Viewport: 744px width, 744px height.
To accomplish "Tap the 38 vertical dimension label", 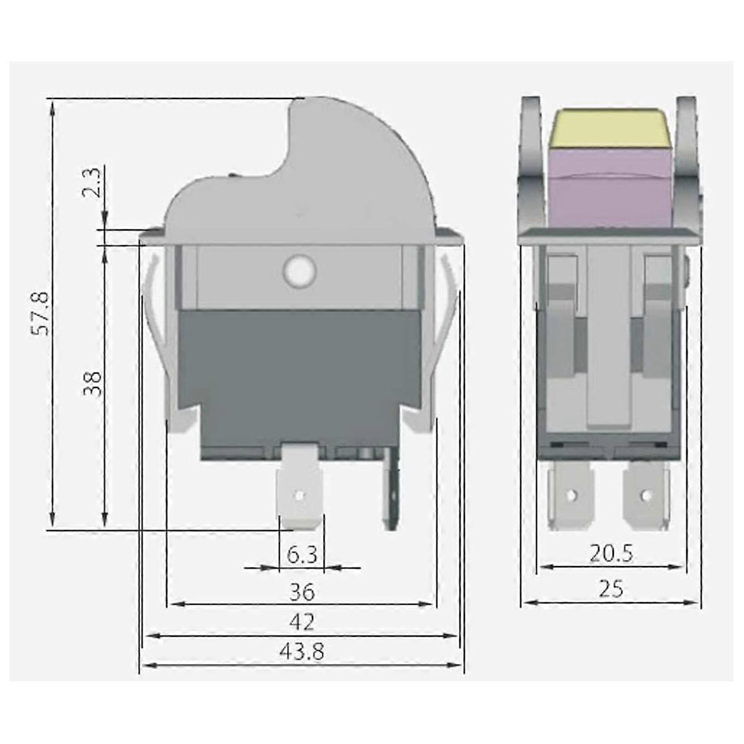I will coord(92,384).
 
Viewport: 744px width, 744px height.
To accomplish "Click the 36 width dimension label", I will coord(302,593).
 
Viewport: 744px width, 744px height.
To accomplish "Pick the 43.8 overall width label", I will coord(302,652).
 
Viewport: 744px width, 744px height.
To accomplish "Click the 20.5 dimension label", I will coord(611,554).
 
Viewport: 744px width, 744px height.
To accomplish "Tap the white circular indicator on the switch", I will coord(299,270).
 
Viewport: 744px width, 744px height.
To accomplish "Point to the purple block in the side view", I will coord(610,186).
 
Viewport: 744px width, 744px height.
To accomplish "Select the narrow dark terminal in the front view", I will coord(391,490).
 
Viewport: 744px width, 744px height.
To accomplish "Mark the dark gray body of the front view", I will coord(301,372).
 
